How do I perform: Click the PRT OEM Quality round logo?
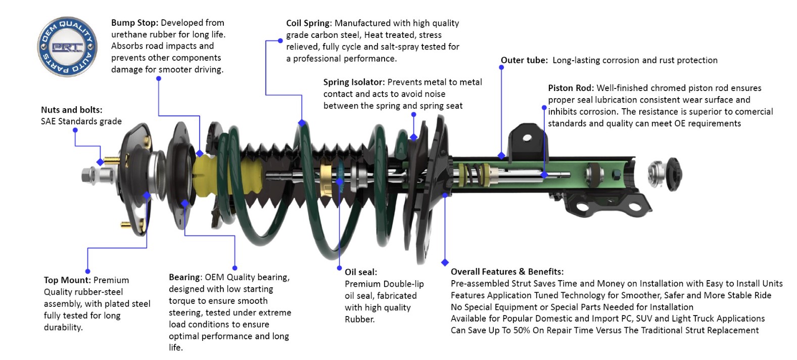(67, 47)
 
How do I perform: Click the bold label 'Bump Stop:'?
(134, 23)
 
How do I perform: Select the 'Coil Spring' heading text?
(308, 23)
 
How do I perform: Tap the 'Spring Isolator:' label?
(354, 82)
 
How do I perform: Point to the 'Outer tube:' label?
(524, 60)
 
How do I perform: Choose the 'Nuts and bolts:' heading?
(71, 110)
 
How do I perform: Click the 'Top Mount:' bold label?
(67, 280)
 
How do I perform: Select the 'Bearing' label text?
(184, 277)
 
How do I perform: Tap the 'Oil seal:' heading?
(361, 272)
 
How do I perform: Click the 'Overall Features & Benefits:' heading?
(507, 272)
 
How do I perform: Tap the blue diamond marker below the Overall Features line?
(445, 262)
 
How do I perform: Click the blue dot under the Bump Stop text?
(159, 78)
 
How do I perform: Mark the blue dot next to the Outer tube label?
(501, 67)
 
